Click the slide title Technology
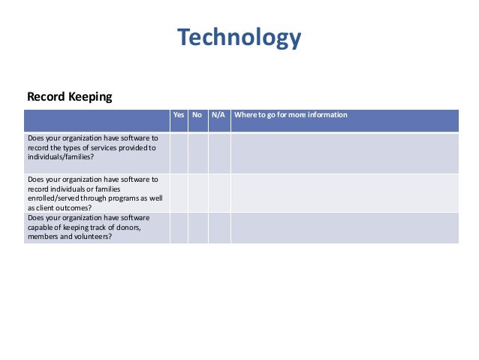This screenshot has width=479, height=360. click(x=239, y=37)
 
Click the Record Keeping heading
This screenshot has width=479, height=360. click(x=69, y=97)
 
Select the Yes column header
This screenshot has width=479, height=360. click(x=179, y=115)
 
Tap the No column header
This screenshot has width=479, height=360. click(x=197, y=115)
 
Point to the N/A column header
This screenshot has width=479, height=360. click(x=218, y=115)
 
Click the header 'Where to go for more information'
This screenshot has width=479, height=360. click(x=291, y=115)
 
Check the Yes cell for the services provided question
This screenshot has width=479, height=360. click(x=179, y=153)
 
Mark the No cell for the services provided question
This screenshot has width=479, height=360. click(x=197, y=153)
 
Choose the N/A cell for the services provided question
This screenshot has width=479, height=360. click(x=219, y=153)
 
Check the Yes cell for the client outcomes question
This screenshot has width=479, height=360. click(x=179, y=192)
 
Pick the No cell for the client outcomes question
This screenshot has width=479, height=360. click(x=197, y=192)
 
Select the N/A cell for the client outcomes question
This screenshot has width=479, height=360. click(x=219, y=192)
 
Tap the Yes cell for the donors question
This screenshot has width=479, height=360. click(x=179, y=227)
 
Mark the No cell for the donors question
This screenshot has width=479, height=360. click(x=197, y=227)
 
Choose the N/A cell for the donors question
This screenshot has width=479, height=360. click(x=219, y=227)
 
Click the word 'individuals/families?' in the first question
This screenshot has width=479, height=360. click(x=61, y=158)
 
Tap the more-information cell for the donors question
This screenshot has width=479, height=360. click(x=344, y=227)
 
